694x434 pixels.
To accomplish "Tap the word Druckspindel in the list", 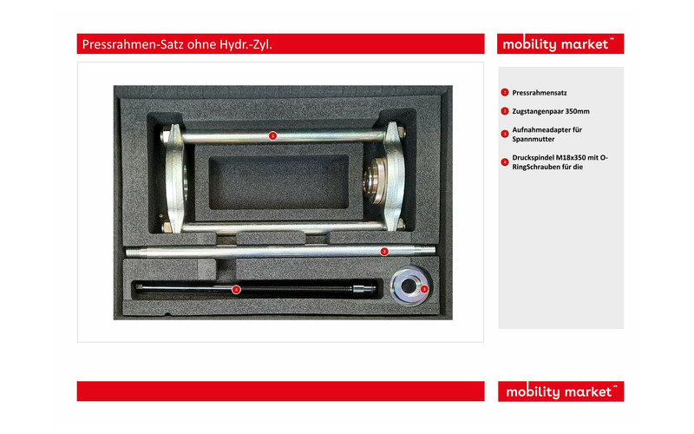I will (x=531, y=157).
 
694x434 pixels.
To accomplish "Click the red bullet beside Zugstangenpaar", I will (x=504, y=111).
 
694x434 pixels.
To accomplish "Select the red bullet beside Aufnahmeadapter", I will (x=504, y=134).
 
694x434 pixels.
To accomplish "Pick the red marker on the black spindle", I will (x=236, y=289).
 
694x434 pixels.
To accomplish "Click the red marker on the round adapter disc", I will (x=424, y=288).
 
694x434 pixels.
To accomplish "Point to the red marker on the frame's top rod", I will (x=272, y=135).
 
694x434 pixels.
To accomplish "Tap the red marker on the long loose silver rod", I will (x=384, y=251).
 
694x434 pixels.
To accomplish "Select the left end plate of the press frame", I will (x=173, y=178).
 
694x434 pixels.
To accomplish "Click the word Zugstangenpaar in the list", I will (x=540, y=111).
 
